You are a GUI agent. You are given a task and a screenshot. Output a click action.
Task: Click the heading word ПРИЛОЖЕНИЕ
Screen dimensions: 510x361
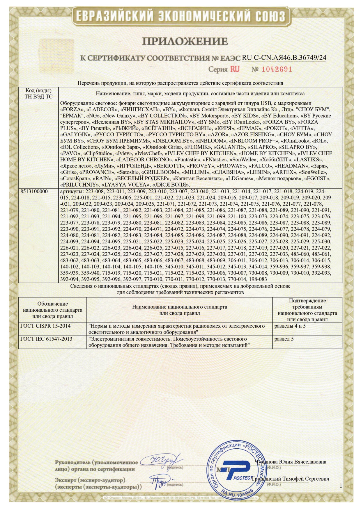pyautogui.click(x=185, y=42)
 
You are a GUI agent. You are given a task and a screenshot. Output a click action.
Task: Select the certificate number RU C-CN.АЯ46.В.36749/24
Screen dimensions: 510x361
pyautogui.click(x=284, y=58)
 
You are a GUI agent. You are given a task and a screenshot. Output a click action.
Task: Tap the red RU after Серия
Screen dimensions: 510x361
pyautogui.click(x=235, y=69)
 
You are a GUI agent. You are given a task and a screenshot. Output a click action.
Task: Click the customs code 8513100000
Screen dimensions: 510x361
pyautogui.click(x=34, y=191)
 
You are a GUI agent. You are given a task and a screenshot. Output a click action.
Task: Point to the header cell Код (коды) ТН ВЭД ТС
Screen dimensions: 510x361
pyautogui.click(x=38, y=93)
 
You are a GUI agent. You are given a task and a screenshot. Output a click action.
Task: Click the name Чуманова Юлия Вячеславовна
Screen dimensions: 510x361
pyautogui.click(x=290, y=462)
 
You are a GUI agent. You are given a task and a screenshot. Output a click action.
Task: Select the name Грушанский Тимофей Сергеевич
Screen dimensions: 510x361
pyautogui.click(x=291, y=479)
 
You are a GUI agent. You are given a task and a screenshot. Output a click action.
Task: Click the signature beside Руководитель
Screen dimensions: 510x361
pyautogui.click(x=162, y=461)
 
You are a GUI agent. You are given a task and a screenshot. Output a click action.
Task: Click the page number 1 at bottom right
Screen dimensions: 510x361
pyautogui.click(x=341, y=486)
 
